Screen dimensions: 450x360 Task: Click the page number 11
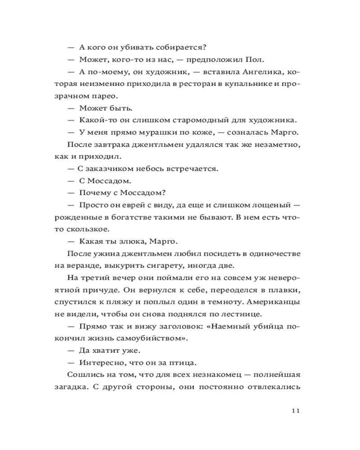point(295,410)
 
